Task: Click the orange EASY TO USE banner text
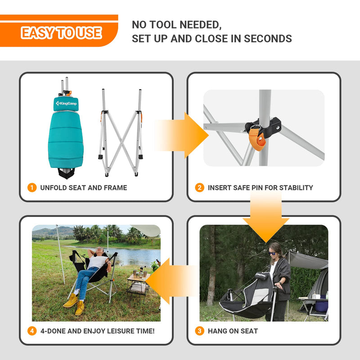[61, 33]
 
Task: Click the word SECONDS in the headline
[268, 39]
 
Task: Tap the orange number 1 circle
[32, 188]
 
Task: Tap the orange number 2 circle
[200, 188]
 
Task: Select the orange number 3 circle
[200, 331]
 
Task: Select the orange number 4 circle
[32, 331]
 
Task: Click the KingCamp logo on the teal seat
[66, 104]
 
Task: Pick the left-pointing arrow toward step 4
[169, 281]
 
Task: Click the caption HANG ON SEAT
[233, 331]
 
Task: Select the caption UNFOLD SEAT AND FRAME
[84, 188]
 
